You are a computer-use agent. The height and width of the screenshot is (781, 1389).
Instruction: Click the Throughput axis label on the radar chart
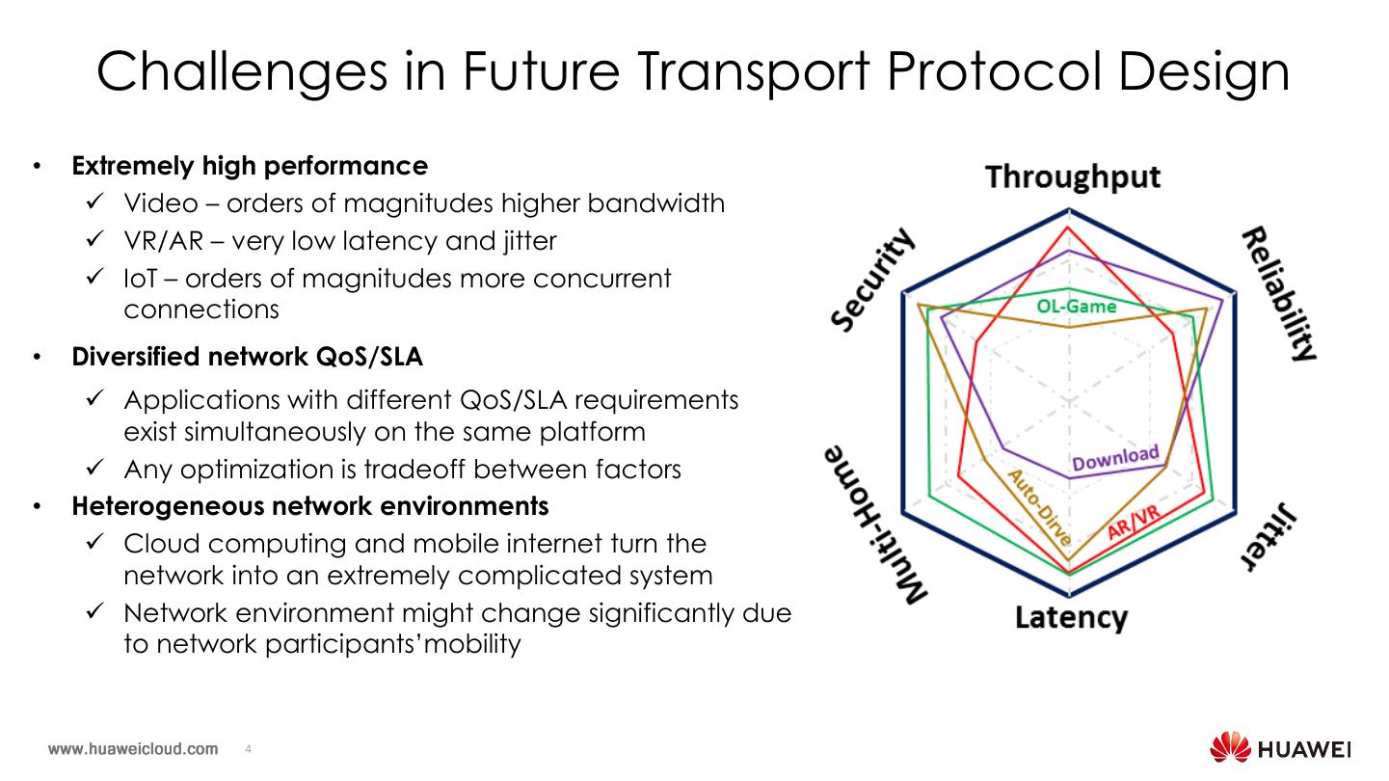click(x=1072, y=177)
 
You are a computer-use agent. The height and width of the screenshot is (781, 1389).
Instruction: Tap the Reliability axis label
click(x=1278, y=294)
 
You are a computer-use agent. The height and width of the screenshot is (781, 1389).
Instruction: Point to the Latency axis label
click(x=1071, y=617)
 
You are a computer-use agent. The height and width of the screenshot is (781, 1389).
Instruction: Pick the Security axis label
click(x=873, y=282)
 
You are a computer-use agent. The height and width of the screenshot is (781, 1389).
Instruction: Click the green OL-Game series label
click(x=1076, y=307)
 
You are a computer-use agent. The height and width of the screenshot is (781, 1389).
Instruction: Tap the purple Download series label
click(x=1115, y=459)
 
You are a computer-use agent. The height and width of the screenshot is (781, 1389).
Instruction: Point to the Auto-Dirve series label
click(x=1039, y=507)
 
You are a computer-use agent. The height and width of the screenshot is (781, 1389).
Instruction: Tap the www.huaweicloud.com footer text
click(x=133, y=749)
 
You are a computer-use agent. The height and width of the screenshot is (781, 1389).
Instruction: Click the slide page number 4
click(x=249, y=749)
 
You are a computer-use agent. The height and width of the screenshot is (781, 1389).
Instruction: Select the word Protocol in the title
click(x=978, y=71)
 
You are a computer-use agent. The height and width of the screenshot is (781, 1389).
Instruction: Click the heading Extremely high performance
click(x=250, y=166)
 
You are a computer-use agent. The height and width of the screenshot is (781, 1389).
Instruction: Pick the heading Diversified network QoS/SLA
click(x=248, y=357)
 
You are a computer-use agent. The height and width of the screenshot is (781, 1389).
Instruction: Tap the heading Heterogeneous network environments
click(x=310, y=505)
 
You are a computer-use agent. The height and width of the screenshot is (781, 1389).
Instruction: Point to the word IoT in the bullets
click(x=139, y=279)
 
